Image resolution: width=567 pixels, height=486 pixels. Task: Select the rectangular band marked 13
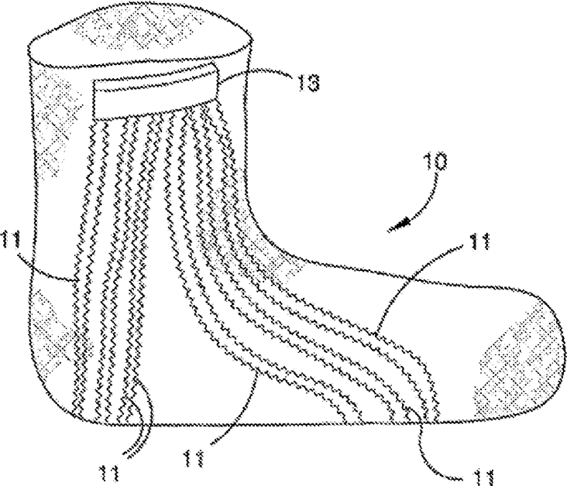(x=156, y=89)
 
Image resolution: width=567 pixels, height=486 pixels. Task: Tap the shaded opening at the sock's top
(x=139, y=31)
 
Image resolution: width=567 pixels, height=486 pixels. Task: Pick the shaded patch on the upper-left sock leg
(x=58, y=132)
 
